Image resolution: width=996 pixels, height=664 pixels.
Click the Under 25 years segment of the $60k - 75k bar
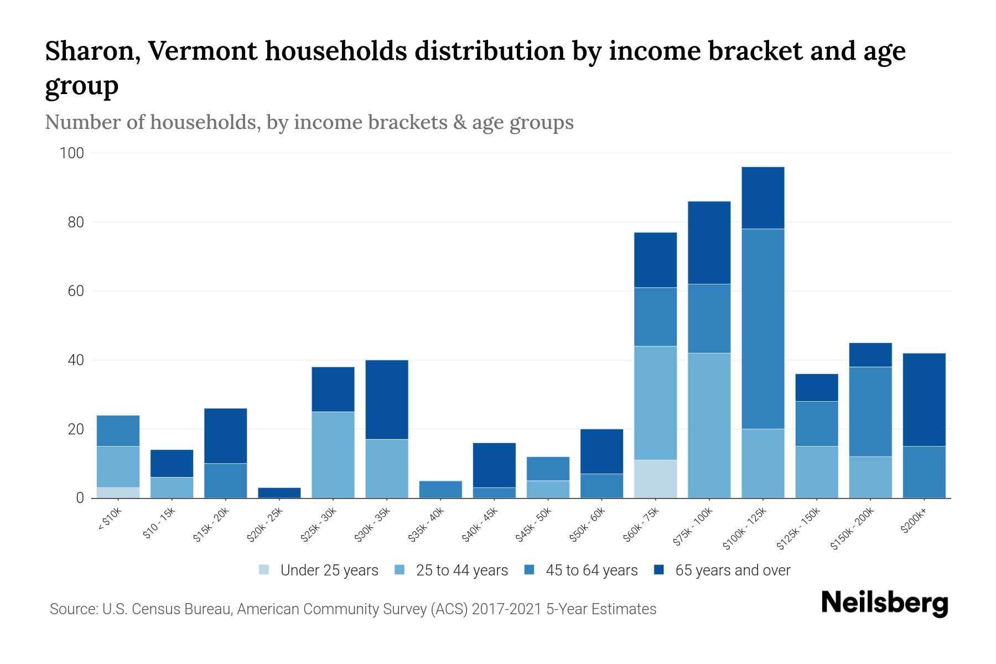point(655,479)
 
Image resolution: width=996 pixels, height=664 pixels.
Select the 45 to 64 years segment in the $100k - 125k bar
point(762,329)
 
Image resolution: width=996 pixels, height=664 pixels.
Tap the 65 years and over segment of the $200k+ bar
point(924,400)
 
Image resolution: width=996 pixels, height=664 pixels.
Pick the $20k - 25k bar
point(279,492)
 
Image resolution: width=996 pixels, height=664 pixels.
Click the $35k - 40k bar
point(440,489)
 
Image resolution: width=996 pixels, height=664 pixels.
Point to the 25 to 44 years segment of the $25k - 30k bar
point(333,455)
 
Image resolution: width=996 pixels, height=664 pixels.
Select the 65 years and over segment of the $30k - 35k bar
point(387,400)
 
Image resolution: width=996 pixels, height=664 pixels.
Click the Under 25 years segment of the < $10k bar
point(118,492)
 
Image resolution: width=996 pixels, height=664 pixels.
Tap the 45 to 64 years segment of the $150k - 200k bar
point(870,412)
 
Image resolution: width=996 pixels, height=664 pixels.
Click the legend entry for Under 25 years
point(329,570)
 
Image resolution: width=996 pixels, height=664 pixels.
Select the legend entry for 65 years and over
point(732,570)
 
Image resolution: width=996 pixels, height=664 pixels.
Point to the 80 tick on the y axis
point(72,222)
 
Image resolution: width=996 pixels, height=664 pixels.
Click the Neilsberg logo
point(884,603)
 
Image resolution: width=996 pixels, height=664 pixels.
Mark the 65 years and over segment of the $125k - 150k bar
point(816,387)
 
